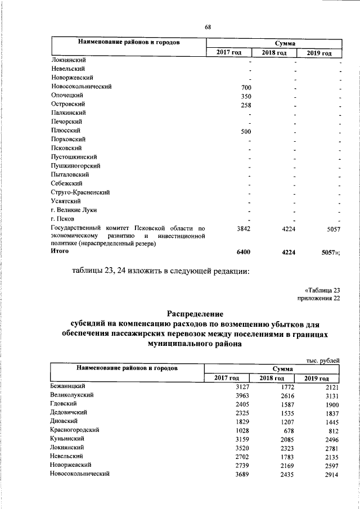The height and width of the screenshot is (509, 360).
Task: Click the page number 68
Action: (208, 27)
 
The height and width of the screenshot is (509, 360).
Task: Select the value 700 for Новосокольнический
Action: (246, 87)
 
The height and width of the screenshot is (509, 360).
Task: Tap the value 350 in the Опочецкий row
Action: (246, 96)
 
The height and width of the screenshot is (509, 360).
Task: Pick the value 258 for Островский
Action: (246, 105)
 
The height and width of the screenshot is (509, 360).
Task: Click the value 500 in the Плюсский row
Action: (246, 131)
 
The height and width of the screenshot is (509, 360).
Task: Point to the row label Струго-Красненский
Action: (80, 192)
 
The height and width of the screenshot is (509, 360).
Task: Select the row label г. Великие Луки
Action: (74, 210)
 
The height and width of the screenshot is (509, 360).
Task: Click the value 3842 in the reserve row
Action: (244, 229)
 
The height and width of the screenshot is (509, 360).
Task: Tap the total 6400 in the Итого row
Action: (244, 253)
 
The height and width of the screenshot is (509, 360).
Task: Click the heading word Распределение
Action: (195, 313)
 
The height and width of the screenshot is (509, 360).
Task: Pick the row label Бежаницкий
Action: (67, 386)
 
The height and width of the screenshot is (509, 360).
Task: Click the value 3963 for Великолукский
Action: (244, 395)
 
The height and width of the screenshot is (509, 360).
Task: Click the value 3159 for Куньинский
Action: (244, 439)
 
